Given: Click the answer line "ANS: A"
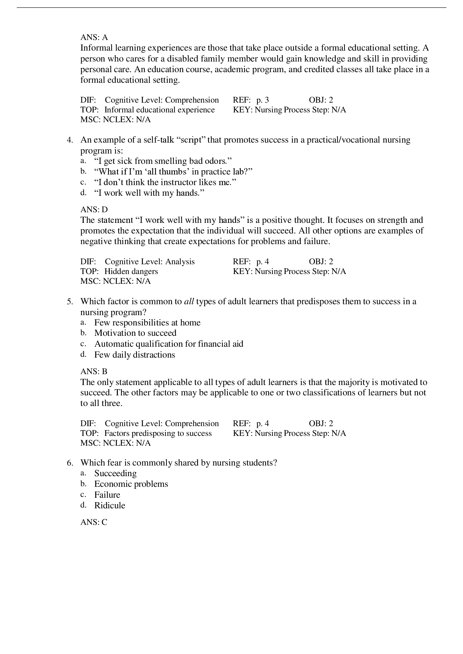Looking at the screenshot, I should point(94,37).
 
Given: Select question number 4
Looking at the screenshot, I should point(70,140).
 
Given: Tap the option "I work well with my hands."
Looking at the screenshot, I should point(149,193).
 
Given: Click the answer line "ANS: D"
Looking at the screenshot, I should point(94,210).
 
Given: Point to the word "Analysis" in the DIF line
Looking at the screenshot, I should point(180,261).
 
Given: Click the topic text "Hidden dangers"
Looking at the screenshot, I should point(131,271).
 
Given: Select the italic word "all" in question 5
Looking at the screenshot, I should point(189,301).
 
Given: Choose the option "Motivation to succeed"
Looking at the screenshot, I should point(135,333).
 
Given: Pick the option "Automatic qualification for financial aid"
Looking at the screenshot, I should point(169,344).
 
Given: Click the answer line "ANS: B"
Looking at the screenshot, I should point(94,371).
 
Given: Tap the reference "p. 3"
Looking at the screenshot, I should point(262,100).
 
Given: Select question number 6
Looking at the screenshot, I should point(70,463).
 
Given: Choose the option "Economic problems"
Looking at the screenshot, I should point(131,484).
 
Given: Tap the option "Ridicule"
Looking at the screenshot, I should point(110,505).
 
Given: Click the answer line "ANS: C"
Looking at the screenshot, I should point(94,522).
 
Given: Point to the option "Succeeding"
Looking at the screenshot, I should point(115,473).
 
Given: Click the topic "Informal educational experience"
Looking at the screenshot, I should point(159,110).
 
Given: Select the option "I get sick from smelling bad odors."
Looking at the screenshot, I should point(163,161).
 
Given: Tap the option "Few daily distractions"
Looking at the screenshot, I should point(135,355).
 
